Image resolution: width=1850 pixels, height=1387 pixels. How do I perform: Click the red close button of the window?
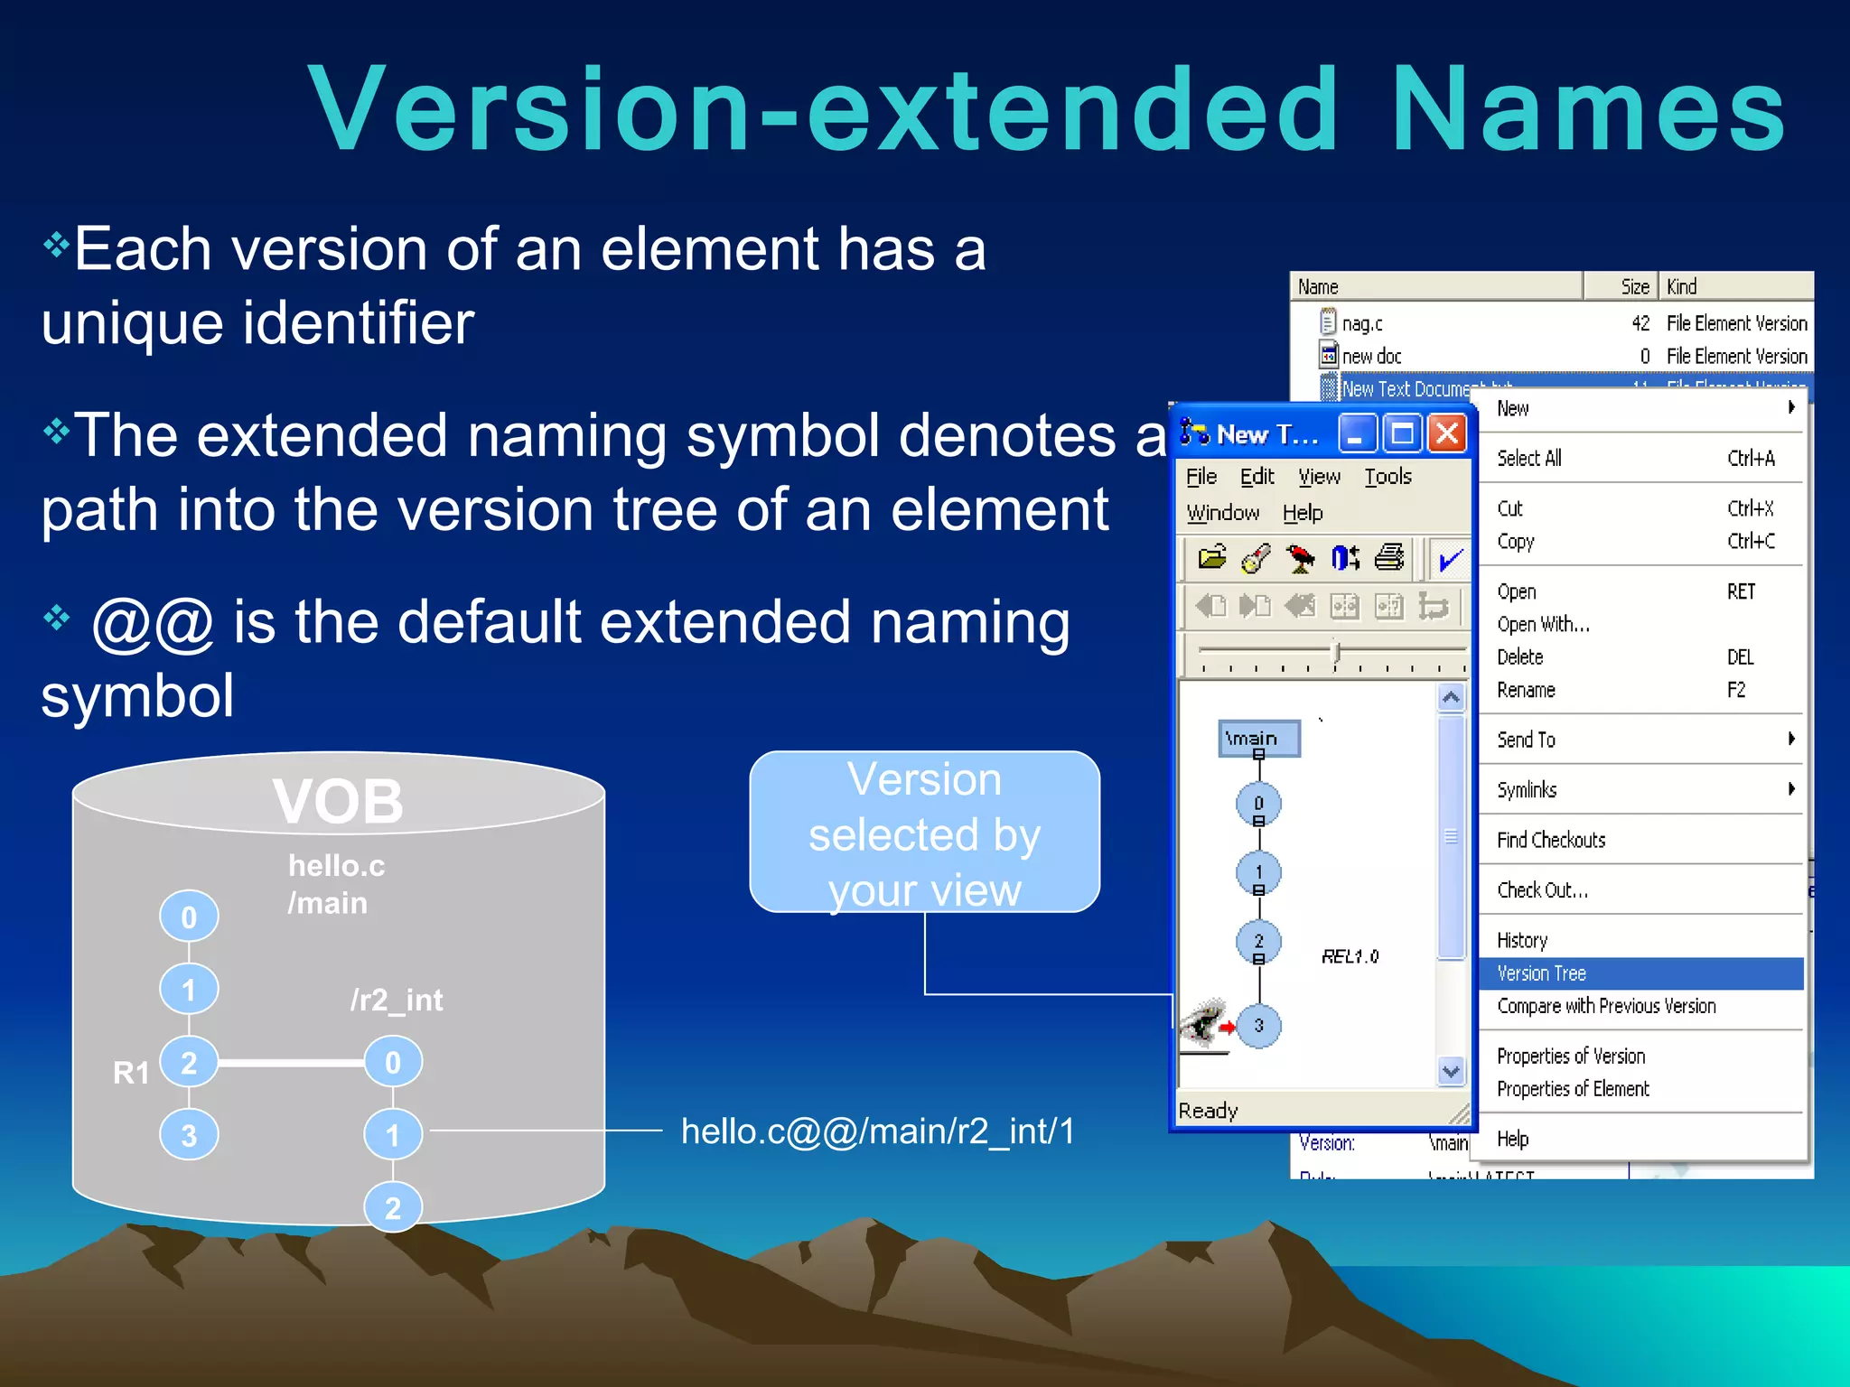click(1447, 434)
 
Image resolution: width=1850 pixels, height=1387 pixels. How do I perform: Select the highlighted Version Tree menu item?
click(1542, 973)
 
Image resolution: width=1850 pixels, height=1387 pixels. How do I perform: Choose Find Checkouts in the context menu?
click(1551, 840)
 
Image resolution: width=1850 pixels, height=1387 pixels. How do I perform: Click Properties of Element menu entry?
click(1573, 1089)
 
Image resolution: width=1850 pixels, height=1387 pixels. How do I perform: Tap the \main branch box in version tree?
click(1258, 738)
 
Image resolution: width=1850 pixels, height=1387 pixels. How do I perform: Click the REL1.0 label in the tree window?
click(1350, 956)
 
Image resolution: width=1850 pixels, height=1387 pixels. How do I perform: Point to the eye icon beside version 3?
click(1202, 1023)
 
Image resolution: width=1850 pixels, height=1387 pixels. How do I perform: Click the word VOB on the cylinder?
click(338, 802)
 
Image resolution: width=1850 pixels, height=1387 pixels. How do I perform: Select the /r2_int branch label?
click(397, 1000)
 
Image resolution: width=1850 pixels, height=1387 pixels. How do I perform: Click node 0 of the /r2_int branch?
click(393, 1062)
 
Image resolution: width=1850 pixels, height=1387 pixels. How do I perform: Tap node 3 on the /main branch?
click(189, 1135)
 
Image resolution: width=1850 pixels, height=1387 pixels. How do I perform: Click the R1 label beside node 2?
click(131, 1073)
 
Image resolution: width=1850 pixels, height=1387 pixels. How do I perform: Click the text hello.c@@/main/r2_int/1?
click(877, 1131)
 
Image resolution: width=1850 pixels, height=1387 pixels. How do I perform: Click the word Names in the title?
click(1587, 110)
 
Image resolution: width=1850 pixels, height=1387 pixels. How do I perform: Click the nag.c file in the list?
click(1361, 323)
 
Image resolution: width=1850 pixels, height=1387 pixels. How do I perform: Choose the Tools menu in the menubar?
click(1387, 477)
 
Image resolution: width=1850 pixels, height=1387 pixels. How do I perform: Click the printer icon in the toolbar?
click(1389, 558)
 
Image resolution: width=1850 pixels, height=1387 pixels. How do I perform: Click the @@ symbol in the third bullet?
click(153, 623)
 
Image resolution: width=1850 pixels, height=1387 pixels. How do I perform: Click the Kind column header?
click(1681, 286)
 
